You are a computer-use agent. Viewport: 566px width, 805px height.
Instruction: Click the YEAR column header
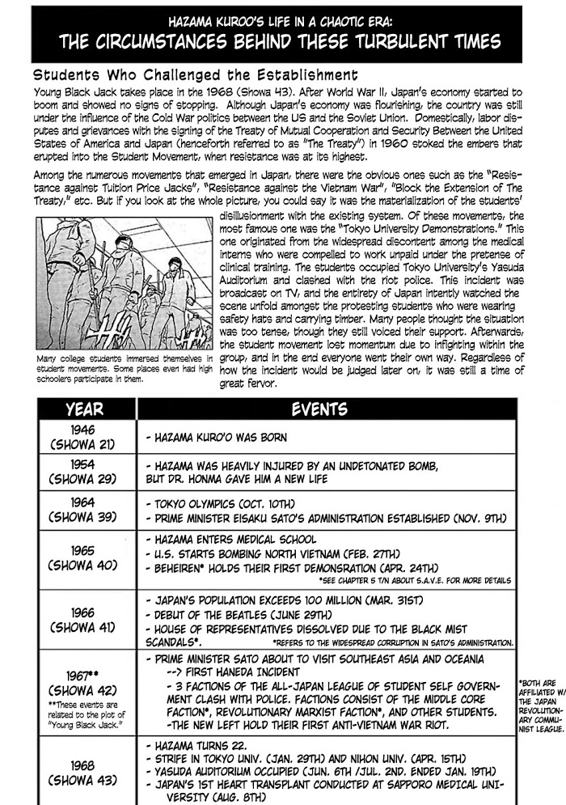[x=84, y=409]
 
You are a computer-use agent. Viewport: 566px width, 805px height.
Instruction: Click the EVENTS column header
[x=319, y=409]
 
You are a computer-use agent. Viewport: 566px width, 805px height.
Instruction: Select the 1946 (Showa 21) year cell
[x=84, y=437]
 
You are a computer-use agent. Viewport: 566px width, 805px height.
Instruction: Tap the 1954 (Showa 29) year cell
[x=84, y=472]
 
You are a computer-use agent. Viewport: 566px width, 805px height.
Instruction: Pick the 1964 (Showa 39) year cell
[x=84, y=510]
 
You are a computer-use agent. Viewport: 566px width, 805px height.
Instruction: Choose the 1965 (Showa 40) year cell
[x=84, y=558]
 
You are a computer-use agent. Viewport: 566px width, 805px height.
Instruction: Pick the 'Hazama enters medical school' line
[x=230, y=540]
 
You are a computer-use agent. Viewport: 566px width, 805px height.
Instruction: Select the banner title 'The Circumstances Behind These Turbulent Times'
[x=283, y=41]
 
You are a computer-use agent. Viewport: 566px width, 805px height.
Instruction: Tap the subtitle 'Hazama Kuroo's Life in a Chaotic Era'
[x=283, y=19]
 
